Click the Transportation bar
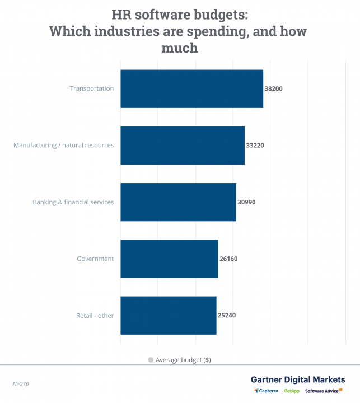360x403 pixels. [191, 88]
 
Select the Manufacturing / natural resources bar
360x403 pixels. [183, 145]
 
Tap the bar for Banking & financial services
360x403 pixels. [178, 201]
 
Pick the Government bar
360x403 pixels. [169, 259]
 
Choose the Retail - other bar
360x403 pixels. [168, 315]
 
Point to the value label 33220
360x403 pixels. [255, 145]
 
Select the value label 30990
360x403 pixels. [246, 201]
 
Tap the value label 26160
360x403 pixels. [228, 259]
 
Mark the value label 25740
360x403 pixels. [227, 315]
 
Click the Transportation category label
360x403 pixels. [92, 88]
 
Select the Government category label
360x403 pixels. [95, 259]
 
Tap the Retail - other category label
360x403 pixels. [95, 315]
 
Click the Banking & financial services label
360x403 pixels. [73, 201]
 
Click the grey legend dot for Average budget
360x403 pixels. [151, 360]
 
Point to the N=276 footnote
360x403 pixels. [21, 384]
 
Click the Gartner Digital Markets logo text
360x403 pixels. [298, 380]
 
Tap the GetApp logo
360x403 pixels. [291, 391]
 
